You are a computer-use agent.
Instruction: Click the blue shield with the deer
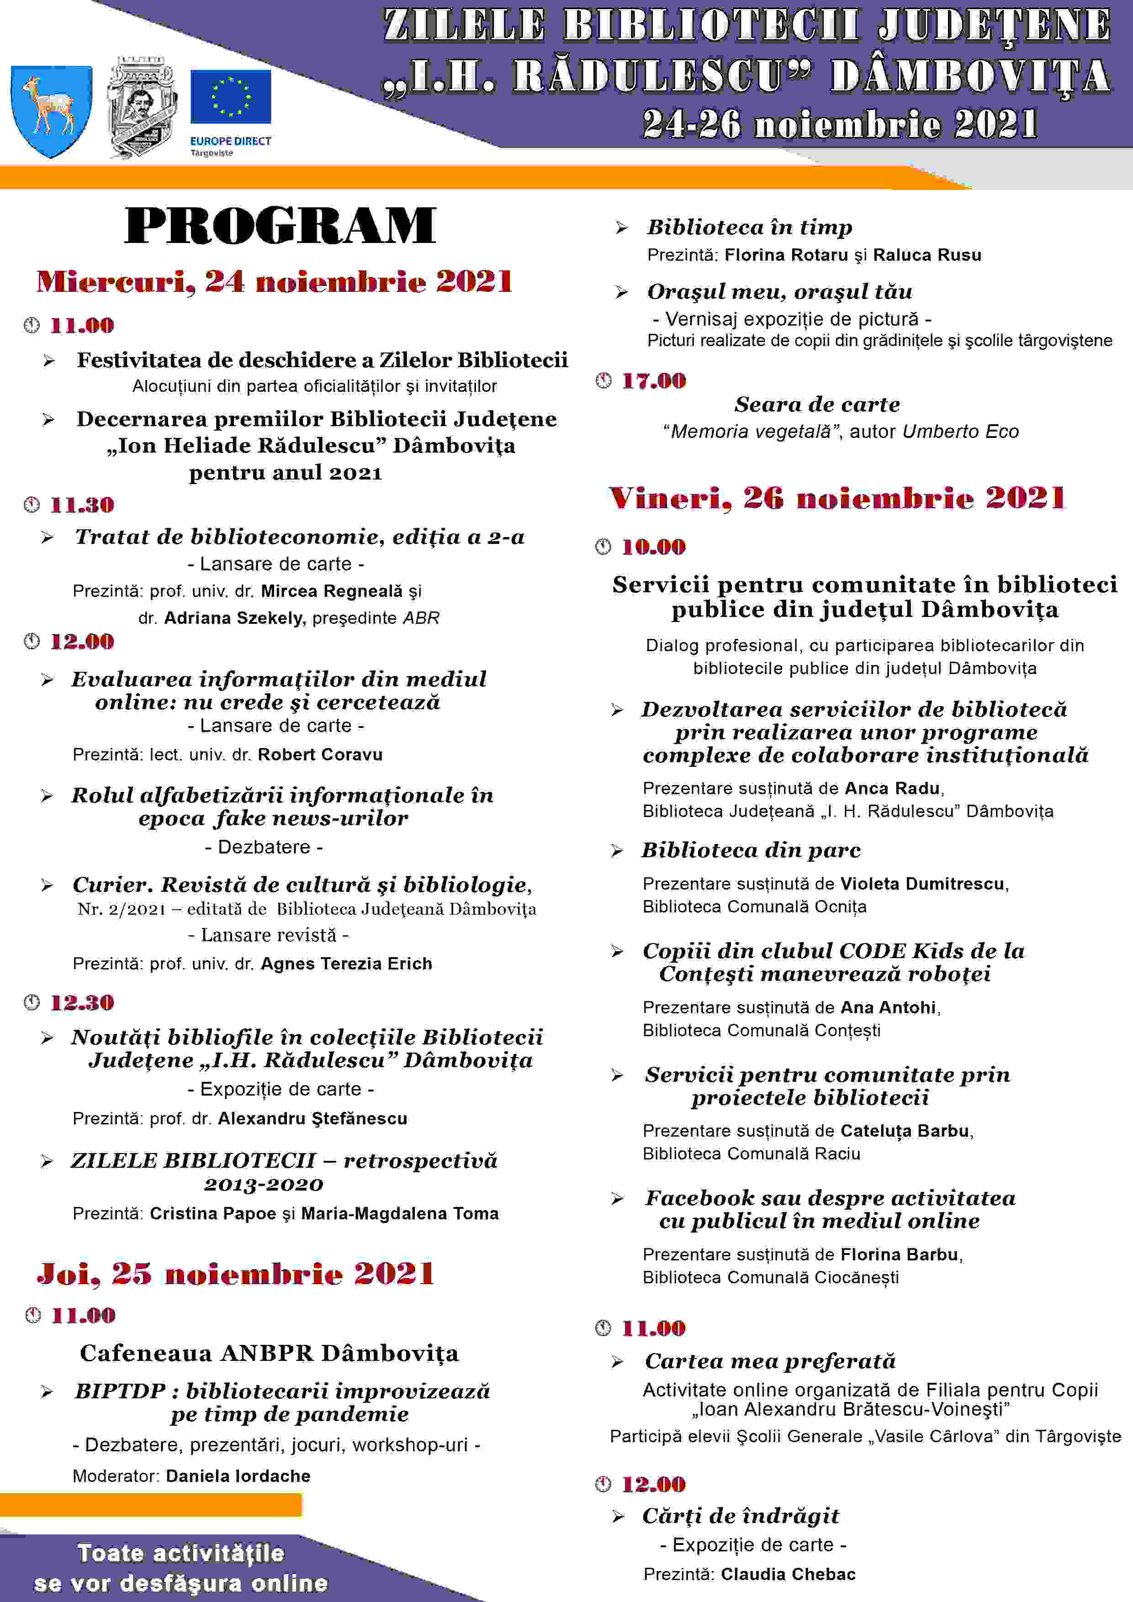[51, 110]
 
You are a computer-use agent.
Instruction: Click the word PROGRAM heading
[280, 226]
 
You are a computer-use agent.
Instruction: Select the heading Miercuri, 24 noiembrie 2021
[275, 282]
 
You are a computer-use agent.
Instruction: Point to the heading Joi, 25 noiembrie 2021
[236, 1273]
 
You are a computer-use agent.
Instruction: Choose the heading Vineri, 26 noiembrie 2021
[837, 498]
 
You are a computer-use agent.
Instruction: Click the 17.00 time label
[653, 381]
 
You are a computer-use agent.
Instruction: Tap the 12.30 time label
[82, 1003]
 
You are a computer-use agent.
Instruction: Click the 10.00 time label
[653, 547]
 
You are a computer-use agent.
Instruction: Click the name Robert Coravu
[320, 754]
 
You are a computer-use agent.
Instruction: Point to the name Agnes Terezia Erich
[346, 964]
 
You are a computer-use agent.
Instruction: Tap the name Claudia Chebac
[788, 1574]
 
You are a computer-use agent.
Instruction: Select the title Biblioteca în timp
[749, 227]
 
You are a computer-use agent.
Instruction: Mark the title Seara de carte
[817, 404]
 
